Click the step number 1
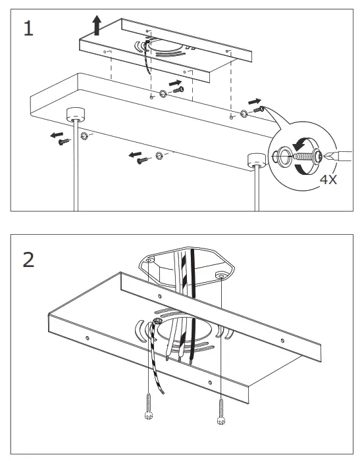pos(28,29)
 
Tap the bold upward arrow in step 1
pos(97,26)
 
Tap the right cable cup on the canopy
pos(254,160)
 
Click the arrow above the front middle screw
pos(136,155)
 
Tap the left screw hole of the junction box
pos(151,260)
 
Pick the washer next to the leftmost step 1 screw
pos(85,135)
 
